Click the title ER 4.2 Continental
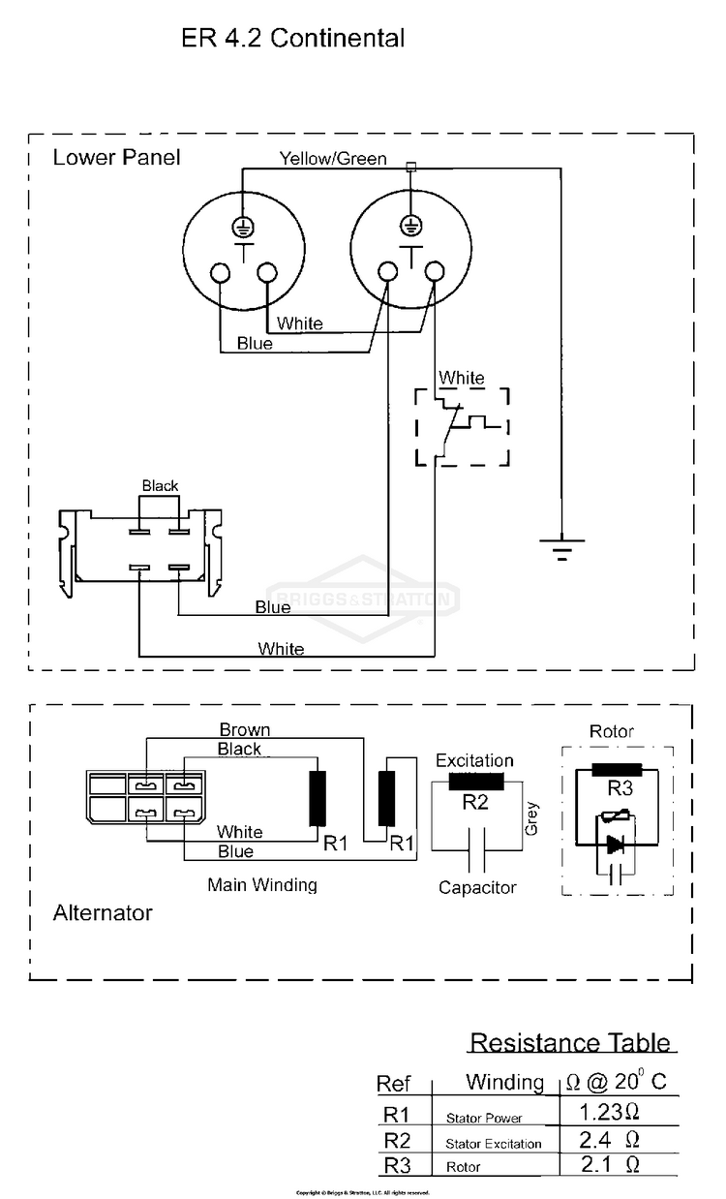coord(292,39)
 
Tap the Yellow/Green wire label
coord(333,158)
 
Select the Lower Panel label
coord(116,157)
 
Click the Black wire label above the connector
coord(160,485)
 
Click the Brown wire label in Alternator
coord(244,729)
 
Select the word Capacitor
coord(477,887)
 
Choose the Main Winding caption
coord(261,884)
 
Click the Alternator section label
coord(103,912)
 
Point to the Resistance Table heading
coord(569,1043)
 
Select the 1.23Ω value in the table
coord(609,1111)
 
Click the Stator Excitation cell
coord(493,1144)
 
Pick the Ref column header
coord(394,1084)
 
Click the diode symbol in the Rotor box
coord(614,844)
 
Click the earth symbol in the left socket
coord(241,228)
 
